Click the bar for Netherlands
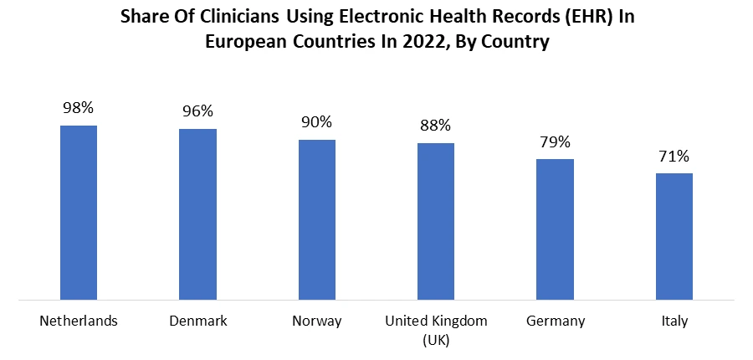(79, 212)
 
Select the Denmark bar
(197, 213)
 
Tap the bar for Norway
(316, 219)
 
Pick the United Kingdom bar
(436, 221)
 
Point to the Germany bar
(555, 229)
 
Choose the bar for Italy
(674, 236)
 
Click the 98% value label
(79, 108)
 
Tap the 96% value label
(197, 111)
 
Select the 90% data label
(316, 122)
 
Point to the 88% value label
(436, 126)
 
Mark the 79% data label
(555, 141)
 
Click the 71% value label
(674, 156)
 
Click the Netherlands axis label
(79, 321)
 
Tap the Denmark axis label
(197, 321)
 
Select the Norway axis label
(316, 321)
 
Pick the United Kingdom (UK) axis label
(436, 329)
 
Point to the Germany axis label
(555, 321)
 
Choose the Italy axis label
(674, 321)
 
